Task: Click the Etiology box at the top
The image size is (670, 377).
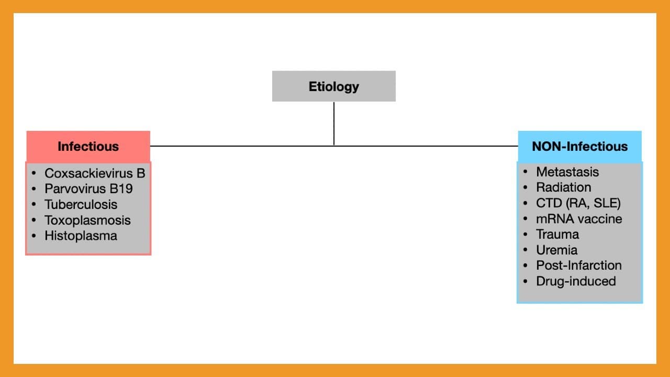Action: tap(334, 86)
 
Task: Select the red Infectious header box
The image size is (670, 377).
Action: tap(88, 147)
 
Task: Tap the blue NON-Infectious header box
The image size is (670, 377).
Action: tap(579, 147)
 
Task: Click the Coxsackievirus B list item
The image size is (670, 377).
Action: tap(95, 173)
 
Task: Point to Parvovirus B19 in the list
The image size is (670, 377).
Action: tap(88, 189)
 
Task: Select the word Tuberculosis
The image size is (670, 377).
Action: tap(81, 205)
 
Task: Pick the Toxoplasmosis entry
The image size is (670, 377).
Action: tap(87, 220)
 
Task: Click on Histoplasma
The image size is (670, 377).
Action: tap(81, 236)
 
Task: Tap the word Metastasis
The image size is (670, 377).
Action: tap(567, 172)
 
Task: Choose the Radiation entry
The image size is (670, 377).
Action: tap(564, 187)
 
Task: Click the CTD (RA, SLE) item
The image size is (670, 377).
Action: tap(578, 203)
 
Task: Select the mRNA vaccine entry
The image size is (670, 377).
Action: tap(579, 219)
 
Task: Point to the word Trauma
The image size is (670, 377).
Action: tap(557, 235)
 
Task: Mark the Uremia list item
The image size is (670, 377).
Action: tap(556, 250)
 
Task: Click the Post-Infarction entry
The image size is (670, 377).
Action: tap(579, 265)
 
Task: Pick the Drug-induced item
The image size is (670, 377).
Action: tap(576, 282)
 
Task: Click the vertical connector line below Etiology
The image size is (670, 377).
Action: tap(334, 124)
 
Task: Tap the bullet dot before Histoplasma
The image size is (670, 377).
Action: tap(34, 236)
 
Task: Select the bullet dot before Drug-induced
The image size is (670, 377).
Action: tap(525, 282)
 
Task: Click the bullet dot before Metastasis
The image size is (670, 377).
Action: tap(525, 172)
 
